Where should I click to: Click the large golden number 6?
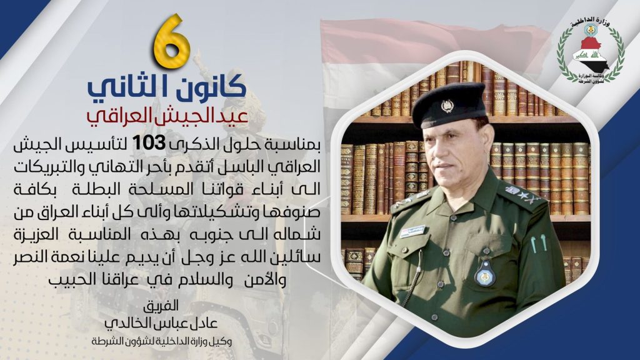click(x=172, y=41)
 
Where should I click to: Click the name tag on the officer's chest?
click(x=412, y=231)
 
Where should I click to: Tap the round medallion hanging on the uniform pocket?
click(x=485, y=272)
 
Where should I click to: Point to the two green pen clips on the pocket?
click(x=538, y=243)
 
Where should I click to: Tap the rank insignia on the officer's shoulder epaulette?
click(x=523, y=196)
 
